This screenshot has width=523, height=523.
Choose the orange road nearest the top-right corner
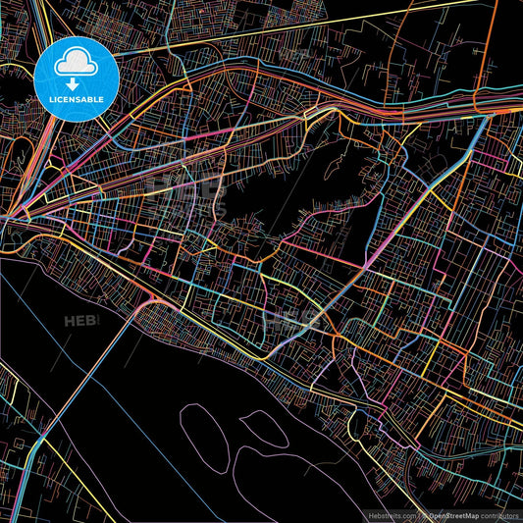(488, 39)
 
